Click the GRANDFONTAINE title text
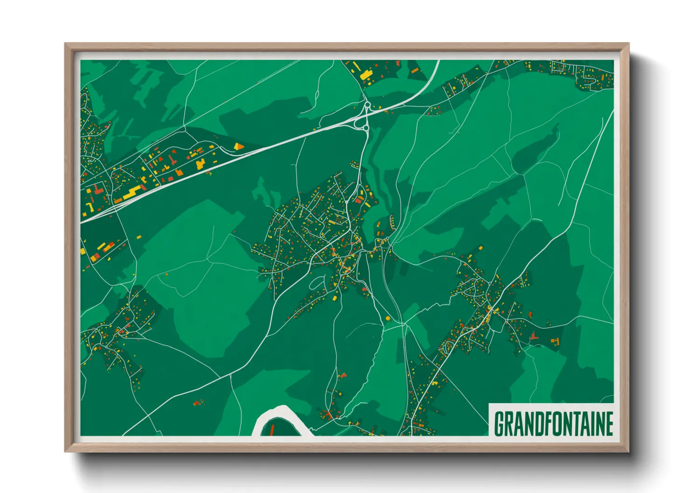[x=553, y=423]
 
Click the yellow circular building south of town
[x=388, y=318]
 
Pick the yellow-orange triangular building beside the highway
[x=239, y=146]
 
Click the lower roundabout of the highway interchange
[x=366, y=127]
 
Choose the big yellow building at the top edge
[x=366, y=75]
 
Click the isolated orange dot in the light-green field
[x=166, y=274]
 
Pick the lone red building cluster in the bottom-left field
[x=199, y=402]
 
